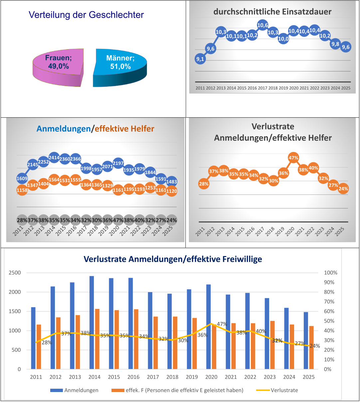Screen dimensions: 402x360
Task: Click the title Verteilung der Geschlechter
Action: [86, 15]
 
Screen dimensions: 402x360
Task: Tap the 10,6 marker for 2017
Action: [263, 25]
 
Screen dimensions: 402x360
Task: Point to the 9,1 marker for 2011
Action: [200, 59]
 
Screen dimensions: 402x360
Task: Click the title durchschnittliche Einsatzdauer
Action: [272, 12]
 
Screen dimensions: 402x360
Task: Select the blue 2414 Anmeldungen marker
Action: [54, 158]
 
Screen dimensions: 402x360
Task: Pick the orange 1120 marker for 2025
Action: [171, 191]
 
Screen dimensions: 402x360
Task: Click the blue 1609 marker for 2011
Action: [22, 179]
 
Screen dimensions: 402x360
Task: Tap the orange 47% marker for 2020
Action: [293, 158]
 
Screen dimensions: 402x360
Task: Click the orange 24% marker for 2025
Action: [343, 189]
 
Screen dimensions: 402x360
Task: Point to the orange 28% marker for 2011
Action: [204, 184]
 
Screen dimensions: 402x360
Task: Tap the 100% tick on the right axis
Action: [330, 273]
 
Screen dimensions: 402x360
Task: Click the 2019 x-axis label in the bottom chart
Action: [192, 377]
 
